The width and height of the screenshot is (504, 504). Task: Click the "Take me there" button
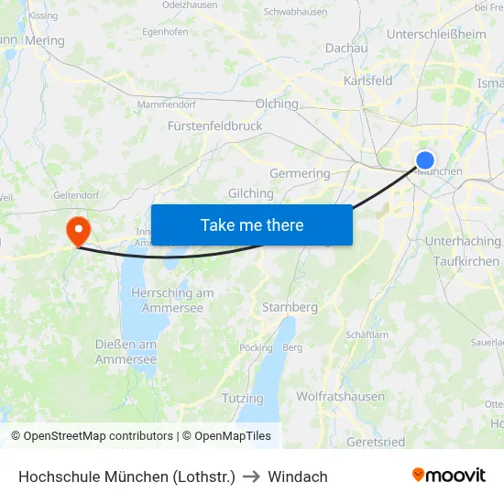pos(252,225)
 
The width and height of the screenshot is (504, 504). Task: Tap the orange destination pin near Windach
pos(78,229)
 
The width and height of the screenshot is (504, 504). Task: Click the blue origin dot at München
pos(425,160)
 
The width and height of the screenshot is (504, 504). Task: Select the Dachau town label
pos(346,48)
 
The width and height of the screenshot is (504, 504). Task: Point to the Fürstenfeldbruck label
pos(214,126)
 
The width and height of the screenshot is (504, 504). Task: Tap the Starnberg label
pos(290,307)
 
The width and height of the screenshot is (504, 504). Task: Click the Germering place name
pos(300,173)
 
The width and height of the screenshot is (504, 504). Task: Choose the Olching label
pos(278,104)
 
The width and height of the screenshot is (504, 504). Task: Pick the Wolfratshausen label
pos(340,397)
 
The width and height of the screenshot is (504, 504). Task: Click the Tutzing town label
pos(242,399)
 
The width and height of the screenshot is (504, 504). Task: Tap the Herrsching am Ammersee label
pos(173,301)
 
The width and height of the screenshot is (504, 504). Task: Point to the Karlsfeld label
pos(368,81)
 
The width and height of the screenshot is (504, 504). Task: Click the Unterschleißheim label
pos(437,34)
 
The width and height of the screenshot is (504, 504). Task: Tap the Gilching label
pos(251,193)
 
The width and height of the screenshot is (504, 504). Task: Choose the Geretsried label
pos(376,442)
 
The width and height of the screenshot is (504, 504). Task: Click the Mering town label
pos(46,40)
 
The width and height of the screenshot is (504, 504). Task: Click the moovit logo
pos(449,476)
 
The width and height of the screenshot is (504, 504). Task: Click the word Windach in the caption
pos(298,477)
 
